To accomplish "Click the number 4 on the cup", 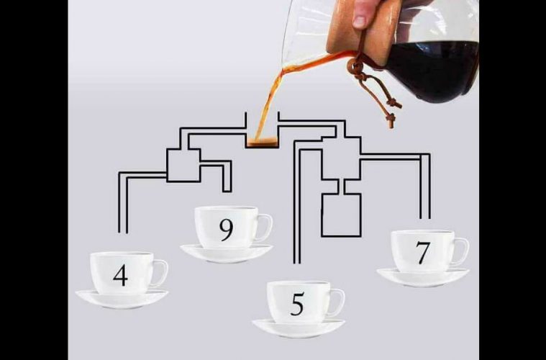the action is coord(120,275).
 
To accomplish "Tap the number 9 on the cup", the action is coord(227,230).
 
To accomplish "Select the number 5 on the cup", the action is coord(297,304).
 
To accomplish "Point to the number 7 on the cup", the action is coord(423,253).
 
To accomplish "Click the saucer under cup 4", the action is coord(122,300).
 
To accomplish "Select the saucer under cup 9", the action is coord(227,253).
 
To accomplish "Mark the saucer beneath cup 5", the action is coord(299,328).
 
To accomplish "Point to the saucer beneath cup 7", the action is coord(423,277).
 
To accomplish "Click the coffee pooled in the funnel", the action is coord(262,142).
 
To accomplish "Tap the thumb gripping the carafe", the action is coord(360,14).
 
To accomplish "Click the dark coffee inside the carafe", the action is coord(434,70).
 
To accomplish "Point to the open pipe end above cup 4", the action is coord(123,233).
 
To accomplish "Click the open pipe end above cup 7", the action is coord(425,218).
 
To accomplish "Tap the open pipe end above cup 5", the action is coord(297,263).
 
